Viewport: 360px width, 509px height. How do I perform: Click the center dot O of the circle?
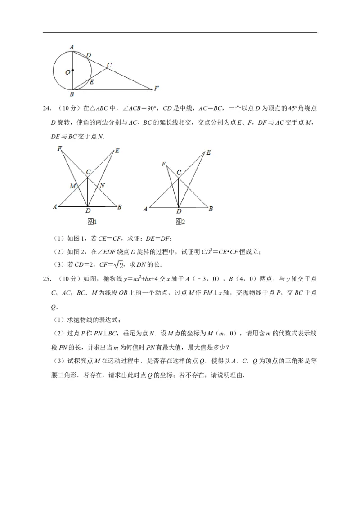click(72, 71)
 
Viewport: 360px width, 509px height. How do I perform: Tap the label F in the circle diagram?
click(156, 88)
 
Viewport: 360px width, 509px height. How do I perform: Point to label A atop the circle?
click(72, 46)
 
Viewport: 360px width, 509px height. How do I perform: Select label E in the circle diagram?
click(92, 82)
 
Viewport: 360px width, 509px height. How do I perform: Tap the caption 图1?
click(92, 221)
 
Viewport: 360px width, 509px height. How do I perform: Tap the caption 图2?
click(180, 221)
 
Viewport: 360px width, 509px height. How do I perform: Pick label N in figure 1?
click(102, 185)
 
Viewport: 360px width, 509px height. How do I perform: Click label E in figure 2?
click(208, 153)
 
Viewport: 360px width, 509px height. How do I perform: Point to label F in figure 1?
click(59, 149)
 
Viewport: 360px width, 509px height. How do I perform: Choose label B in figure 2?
click(211, 209)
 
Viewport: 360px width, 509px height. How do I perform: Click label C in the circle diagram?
click(109, 65)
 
